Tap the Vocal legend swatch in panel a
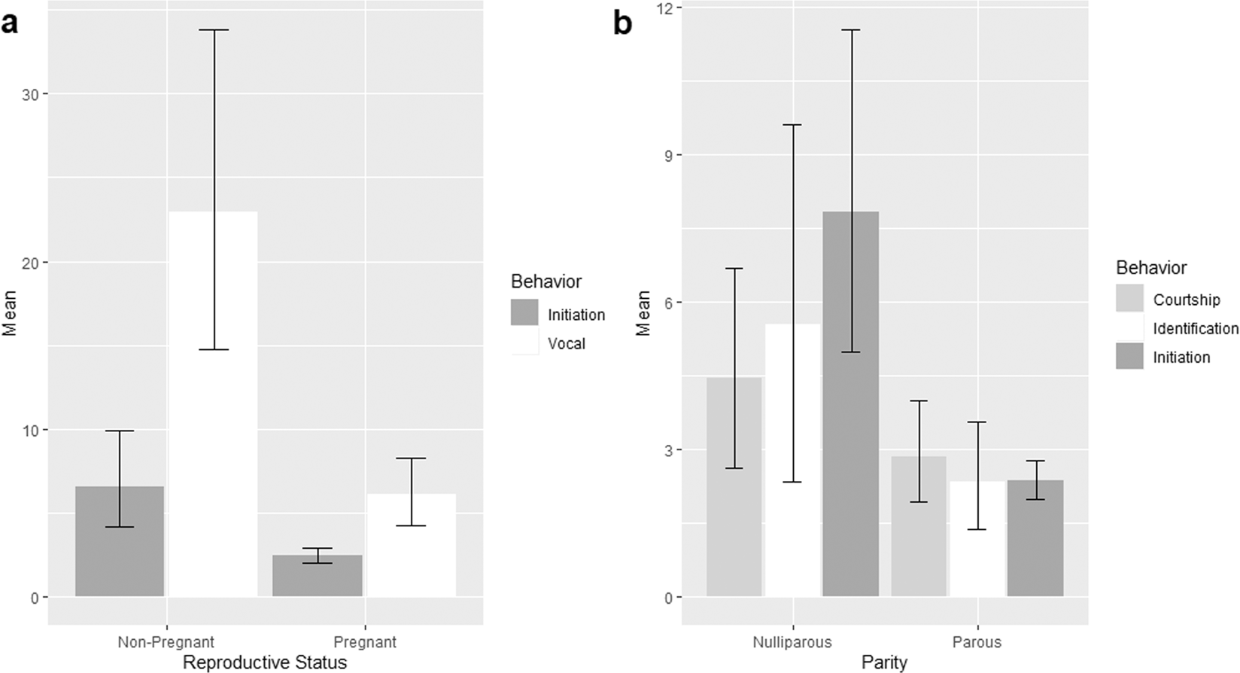coord(524,343)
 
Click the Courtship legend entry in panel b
coord(1186,300)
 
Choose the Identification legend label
coord(1195,328)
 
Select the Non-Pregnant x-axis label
coord(166,642)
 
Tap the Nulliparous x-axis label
coord(792,642)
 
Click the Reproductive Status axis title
coord(265,662)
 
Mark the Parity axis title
coord(884,662)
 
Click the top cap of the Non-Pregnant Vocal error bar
coord(213,30)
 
